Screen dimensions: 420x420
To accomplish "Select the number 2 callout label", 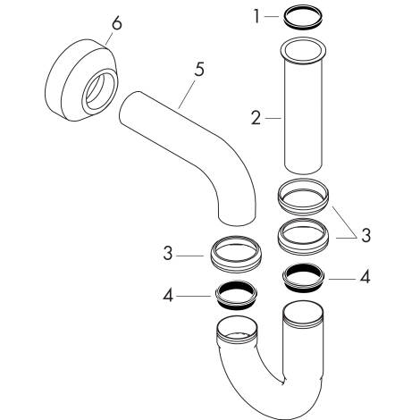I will [x=256, y=117].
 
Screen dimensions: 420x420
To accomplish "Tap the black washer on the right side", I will [x=305, y=276].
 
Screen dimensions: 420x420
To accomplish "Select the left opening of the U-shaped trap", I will [x=238, y=327].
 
